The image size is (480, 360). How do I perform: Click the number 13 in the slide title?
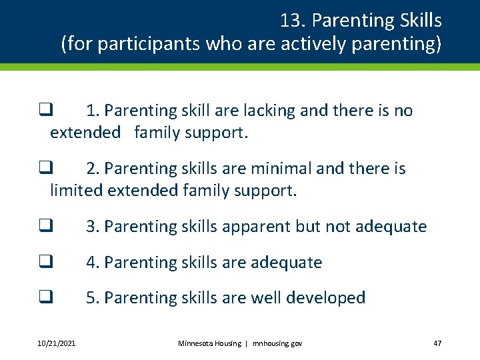(291, 21)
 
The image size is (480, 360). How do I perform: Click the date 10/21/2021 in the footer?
(57, 343)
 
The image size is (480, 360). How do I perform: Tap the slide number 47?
(437, 343)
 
